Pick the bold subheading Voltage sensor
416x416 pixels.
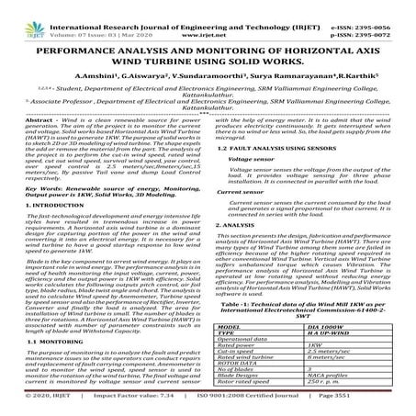tap(249, 184)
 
